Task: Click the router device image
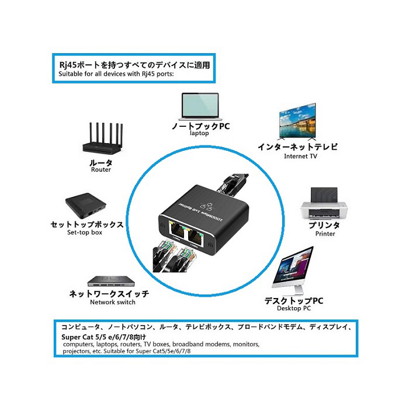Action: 101,138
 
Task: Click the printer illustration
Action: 323,202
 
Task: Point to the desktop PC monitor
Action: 296,269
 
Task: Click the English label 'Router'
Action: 101,170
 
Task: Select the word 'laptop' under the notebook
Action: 199,133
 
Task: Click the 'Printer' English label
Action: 325,234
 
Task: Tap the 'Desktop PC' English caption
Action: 294,309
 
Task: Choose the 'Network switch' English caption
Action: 113,302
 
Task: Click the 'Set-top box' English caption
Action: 84,233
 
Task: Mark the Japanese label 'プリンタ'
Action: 325,225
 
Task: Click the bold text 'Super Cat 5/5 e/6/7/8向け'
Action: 103,337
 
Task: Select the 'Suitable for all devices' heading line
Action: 116,74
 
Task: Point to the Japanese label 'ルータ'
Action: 100,162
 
